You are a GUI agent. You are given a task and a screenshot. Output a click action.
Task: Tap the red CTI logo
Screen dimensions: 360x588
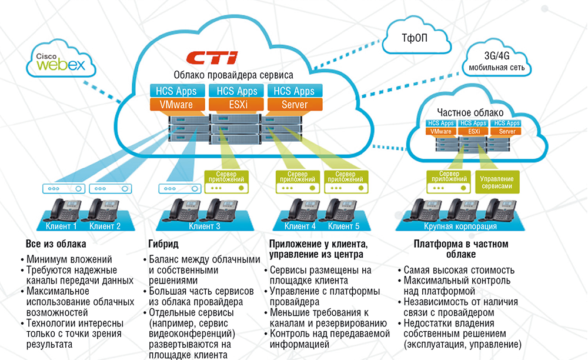[212, 58]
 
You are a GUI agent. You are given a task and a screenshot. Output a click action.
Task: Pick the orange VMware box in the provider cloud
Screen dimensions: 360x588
[178, 104]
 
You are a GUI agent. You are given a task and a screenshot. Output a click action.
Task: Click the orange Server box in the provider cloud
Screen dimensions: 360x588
[295, 104]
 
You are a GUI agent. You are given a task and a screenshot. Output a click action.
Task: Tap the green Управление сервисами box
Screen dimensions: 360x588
[497, 182]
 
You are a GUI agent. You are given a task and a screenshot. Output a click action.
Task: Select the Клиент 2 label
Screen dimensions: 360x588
[105, 226]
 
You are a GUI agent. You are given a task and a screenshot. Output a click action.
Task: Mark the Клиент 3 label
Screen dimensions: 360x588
[205, 226]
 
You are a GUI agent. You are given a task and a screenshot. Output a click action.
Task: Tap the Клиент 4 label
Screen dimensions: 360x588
[300, 226]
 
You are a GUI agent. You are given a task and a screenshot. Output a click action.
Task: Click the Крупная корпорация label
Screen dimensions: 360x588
[460, 226]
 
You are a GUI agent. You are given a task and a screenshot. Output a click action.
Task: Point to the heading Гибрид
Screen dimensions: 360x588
[159, 244]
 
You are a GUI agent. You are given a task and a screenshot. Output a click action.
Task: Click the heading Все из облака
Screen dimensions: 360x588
[56, 244]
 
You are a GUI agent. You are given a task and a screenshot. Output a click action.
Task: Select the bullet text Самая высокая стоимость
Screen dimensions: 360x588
[459, 270]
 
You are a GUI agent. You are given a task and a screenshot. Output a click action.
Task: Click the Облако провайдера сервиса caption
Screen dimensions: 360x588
[233, 75]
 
